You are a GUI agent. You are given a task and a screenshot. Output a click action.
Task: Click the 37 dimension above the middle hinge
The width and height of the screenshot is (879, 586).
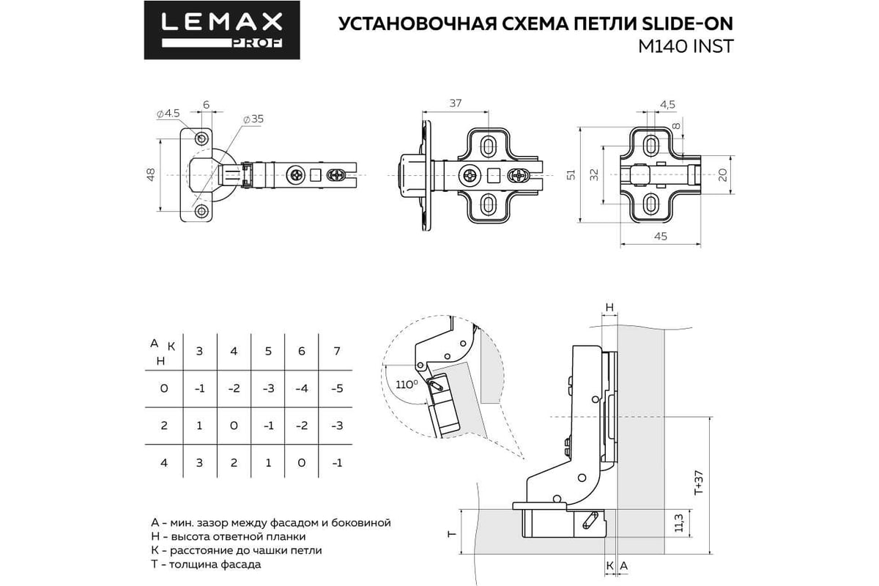pyautogui.click(x=455, y=103)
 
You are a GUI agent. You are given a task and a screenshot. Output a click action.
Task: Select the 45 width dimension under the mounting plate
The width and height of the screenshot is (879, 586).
pyautogui.click(x=660, y=237)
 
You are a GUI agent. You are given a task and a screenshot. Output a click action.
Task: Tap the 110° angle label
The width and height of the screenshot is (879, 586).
pyautogui.click(x=406, y=383)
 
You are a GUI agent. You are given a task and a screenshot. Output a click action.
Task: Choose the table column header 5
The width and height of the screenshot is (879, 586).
pyautogui.click(x=268, y=351)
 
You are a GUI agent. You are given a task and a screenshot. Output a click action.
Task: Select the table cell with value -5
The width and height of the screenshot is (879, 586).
pyautogui.click(x=336, y=388)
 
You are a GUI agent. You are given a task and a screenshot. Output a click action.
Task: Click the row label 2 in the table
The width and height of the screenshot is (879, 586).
pyautogui.click(x=163, y=426)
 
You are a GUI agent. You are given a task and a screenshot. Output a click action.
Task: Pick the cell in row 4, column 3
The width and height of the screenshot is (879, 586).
pyautogui.click(x=199, y=463)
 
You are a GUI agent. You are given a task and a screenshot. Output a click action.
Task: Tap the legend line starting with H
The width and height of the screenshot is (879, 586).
pyautogui.click(x=234, y=536)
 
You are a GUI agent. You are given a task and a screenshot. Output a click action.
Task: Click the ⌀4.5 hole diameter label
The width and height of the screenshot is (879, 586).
pyautogui.click(x=168, y=114)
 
